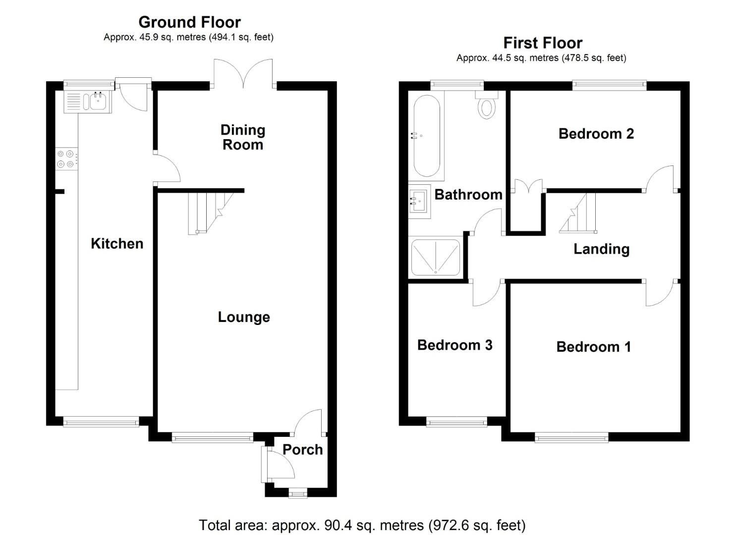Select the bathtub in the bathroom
426,136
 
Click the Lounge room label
244,317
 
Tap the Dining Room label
243,137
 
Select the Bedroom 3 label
454,345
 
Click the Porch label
302,449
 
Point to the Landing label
601,249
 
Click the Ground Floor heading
189,22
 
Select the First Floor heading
543,43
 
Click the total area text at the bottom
362,525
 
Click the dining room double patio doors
243,74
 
